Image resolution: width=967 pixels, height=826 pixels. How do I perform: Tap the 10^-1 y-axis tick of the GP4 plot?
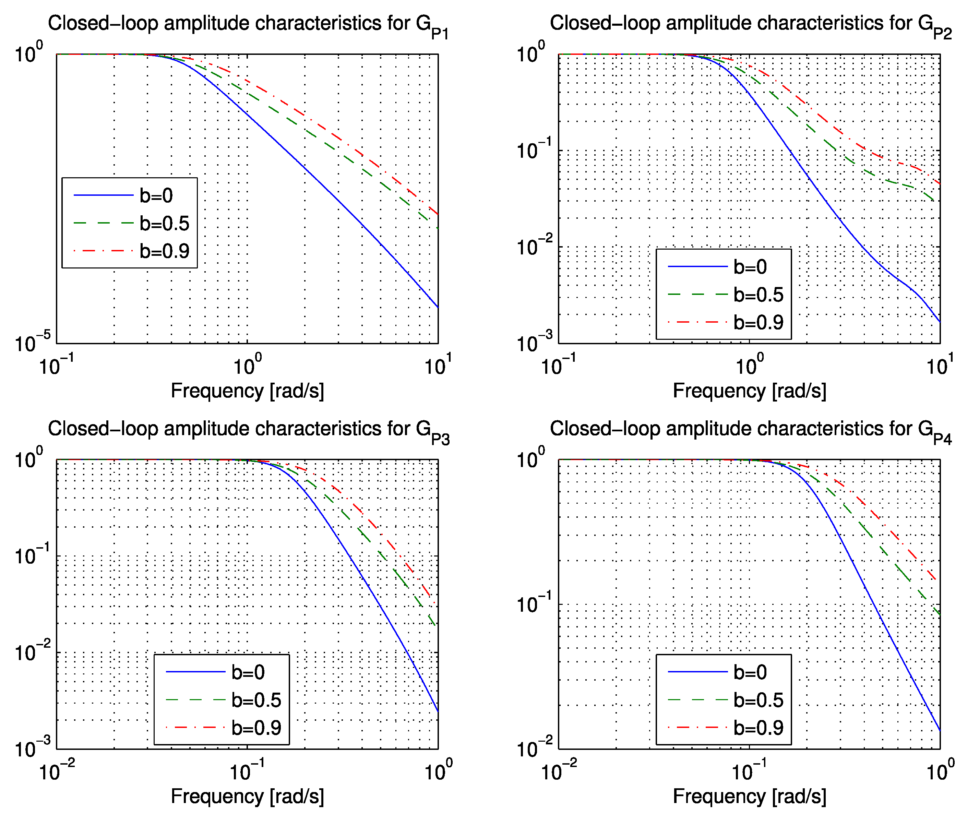pos(534,604)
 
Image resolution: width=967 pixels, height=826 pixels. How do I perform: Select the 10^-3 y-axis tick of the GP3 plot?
pos(33,748)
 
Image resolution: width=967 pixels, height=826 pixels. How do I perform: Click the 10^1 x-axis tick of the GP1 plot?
pos(437,366)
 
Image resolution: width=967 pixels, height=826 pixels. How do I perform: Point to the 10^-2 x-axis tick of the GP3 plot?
pos(57,771)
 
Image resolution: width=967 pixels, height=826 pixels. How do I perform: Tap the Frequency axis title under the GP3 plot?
pos(247,796)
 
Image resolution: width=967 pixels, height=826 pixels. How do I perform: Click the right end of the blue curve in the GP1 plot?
pos(437,307)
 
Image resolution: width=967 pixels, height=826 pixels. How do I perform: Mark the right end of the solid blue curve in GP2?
pos(939,322)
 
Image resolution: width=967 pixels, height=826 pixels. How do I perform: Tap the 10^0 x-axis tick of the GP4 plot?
pos(939,771)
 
